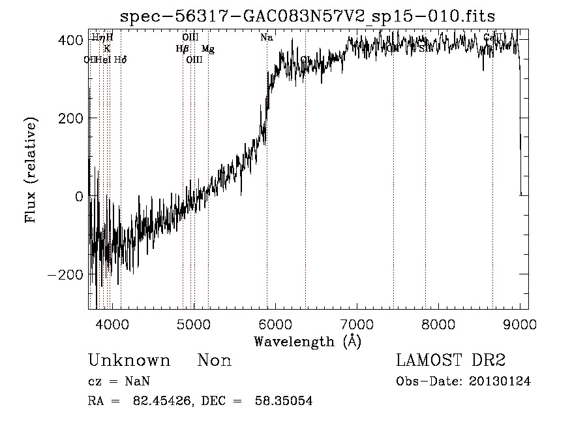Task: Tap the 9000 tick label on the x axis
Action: pos(519,323)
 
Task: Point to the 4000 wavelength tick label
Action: pos(112,323)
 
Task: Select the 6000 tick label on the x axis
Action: pos(275,323)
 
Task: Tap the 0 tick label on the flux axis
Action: pos(79,197)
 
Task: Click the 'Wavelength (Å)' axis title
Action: pos(307,341)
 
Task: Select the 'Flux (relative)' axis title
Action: pos(31,170)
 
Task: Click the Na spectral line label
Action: pos(266,38)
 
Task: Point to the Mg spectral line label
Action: pos(207,49)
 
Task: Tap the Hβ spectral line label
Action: pos(182,49)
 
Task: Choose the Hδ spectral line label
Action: pos(120,60)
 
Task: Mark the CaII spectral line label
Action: pos(492,38)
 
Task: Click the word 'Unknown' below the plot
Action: pos(129,361)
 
